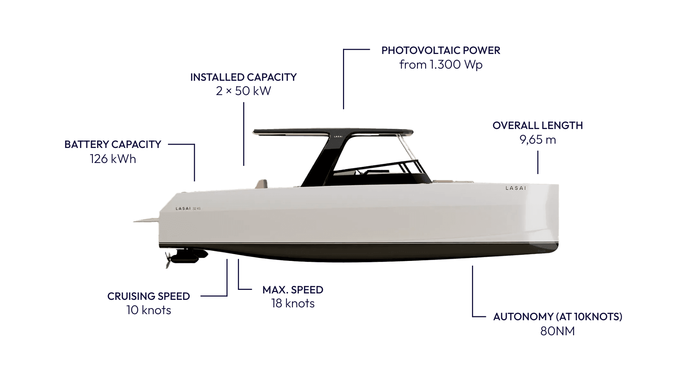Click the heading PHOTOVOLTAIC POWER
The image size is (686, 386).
(x=441, y=50)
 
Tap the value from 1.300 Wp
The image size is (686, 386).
(x=441, y=65)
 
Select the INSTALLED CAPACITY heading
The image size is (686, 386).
(x=243, y=77)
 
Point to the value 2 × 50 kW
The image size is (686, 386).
(x=243, y=91)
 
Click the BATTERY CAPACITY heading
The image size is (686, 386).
(x=113, y=144)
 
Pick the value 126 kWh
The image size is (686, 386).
(x=113, y=159)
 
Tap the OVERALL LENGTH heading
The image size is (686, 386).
(x=537, y=125)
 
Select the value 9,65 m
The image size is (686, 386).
(x=537, y=140)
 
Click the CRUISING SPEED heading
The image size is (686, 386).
(x=149, y=296)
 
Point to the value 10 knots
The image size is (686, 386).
(x=149, y=310)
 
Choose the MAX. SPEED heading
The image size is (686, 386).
(x=293, y=289)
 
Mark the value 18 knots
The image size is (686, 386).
(x=293, y=303)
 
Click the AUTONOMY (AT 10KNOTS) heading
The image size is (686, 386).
(x=557, y=317)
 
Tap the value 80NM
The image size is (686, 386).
(x=557, y=331)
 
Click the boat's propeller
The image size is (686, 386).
(x=168, y=259)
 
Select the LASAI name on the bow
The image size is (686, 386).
(x=516, y=188)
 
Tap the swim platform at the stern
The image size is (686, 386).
(x=146, y=221)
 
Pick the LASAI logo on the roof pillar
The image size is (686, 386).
(x=338, y=136)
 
